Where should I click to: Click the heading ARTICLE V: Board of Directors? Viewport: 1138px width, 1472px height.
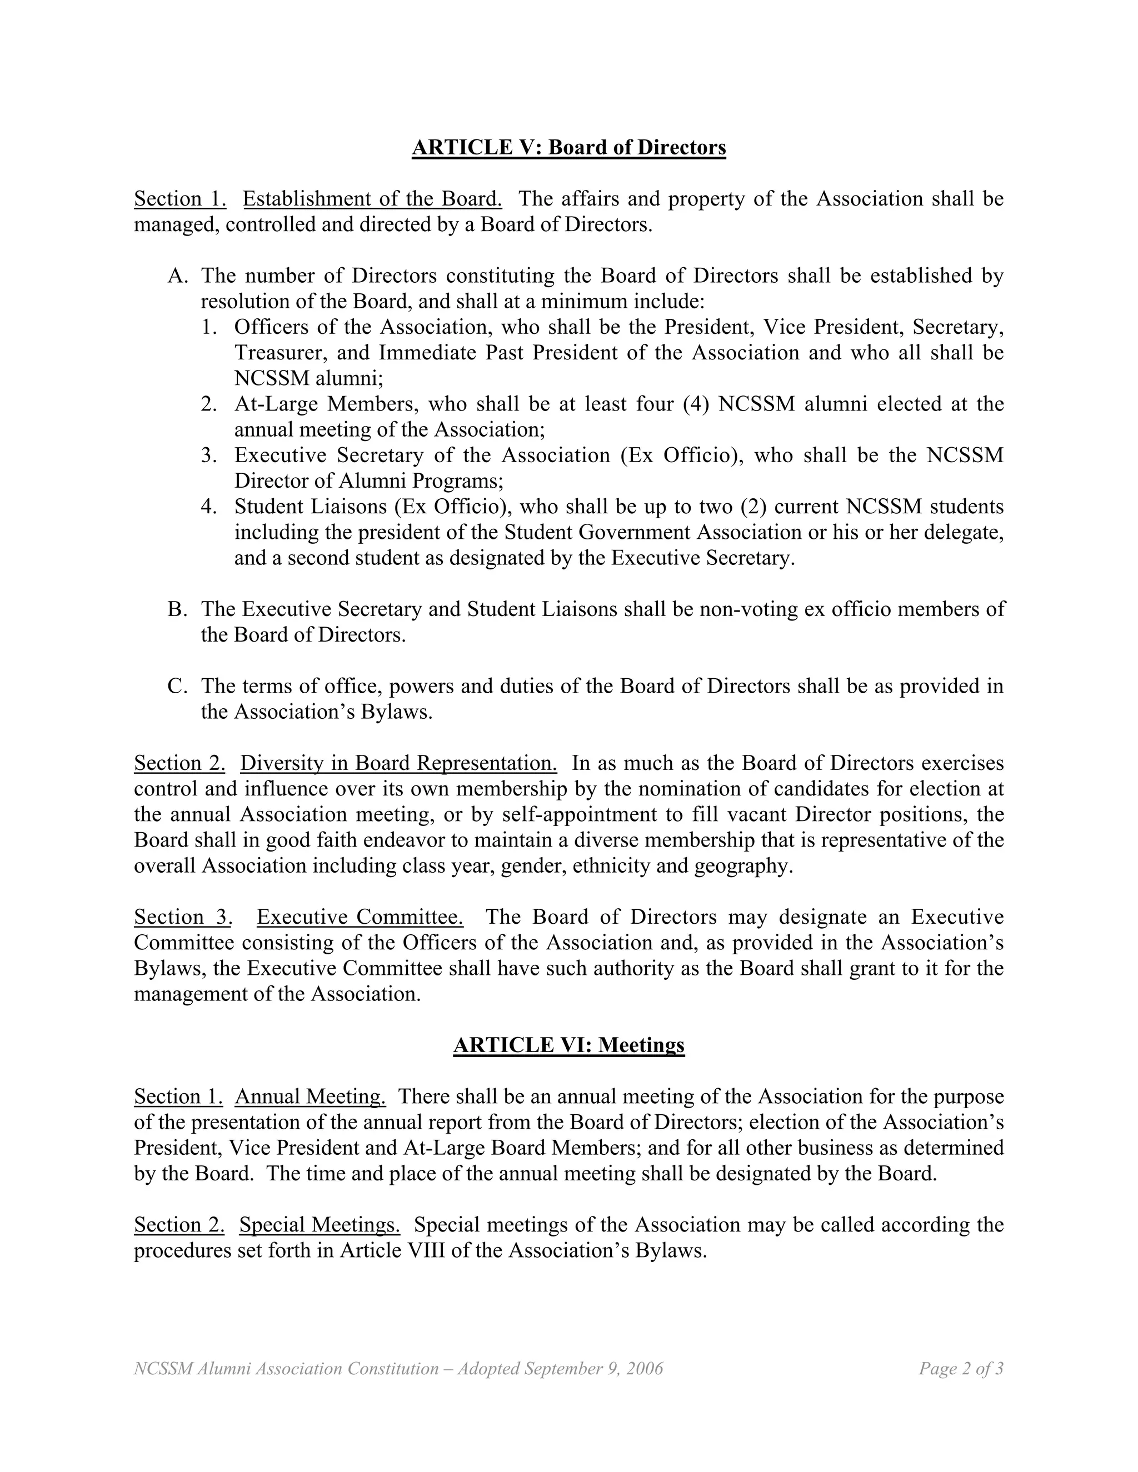click(568, 147)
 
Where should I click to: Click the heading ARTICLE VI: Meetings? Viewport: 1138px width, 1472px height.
click(568, 1045)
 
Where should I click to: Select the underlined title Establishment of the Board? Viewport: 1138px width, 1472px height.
click(372, 199)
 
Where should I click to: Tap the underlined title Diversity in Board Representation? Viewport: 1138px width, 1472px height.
click(398, 763)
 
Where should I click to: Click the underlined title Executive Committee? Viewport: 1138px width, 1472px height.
click(360, 917)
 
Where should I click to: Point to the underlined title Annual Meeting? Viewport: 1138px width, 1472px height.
click(310, 1097)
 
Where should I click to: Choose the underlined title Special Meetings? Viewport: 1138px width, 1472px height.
click(320, 1225)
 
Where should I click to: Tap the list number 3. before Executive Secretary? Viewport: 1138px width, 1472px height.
click(209, 455)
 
